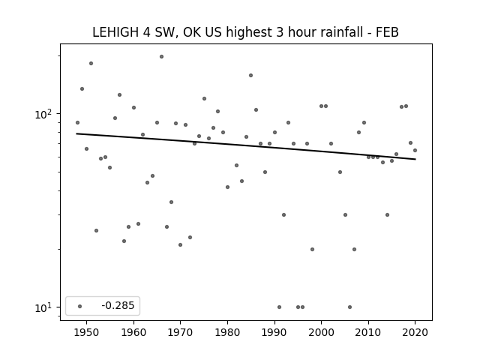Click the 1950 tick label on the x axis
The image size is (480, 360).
[87, 332]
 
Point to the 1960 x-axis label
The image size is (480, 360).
[133, 332]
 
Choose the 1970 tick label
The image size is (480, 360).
[180, 332]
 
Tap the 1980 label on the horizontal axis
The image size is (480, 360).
[227, 332]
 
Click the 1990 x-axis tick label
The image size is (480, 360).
[274, 332]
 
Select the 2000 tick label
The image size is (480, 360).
[322, 332]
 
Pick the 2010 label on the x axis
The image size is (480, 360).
[368, 332]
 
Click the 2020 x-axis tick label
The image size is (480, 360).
[415, 332]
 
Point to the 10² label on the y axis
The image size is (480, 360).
[43, 114]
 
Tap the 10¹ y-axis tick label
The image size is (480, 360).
[43, 307]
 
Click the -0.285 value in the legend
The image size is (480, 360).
[118, 305]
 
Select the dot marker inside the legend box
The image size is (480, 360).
[80, 306]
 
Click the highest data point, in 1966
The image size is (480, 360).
[162, 57]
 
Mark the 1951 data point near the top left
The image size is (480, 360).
[91, 63]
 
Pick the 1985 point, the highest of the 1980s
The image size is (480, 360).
[251, 75]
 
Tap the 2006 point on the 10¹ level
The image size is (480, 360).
[350, 307]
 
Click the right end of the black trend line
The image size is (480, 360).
[415, 159]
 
